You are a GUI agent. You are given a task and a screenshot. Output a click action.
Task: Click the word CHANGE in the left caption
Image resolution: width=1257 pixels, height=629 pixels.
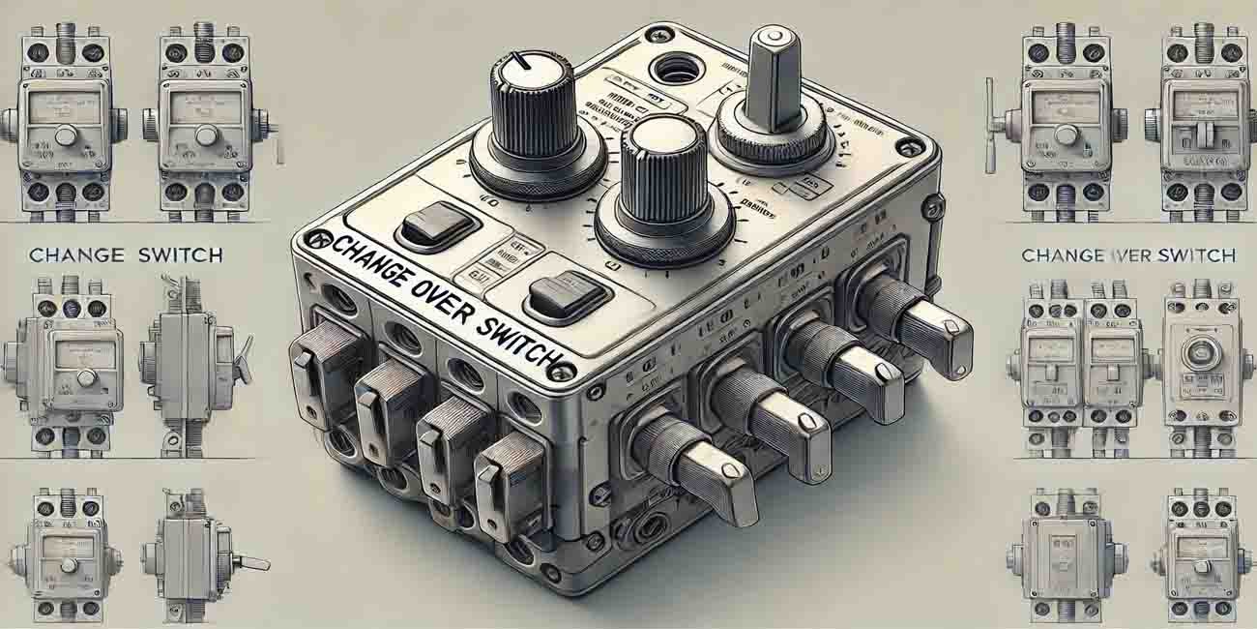(x=76, y=255)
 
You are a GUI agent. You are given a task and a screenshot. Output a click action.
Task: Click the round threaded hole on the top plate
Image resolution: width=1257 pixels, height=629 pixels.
(x=674, y=70)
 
